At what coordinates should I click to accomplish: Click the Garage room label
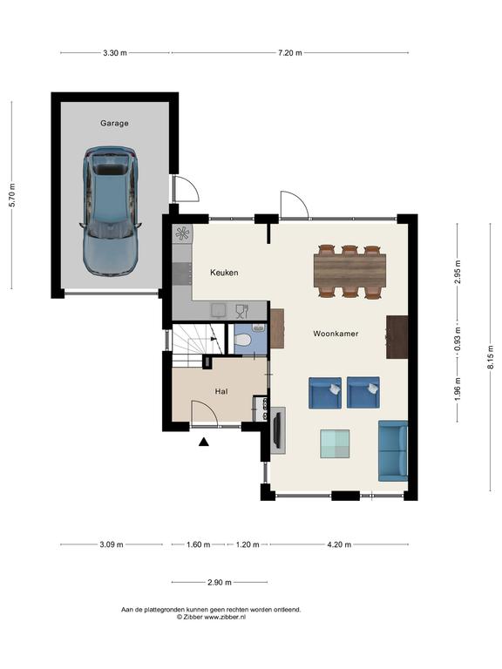114,124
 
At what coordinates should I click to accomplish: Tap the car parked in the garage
110,211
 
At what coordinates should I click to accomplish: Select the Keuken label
224,272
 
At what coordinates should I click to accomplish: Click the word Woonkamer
336,334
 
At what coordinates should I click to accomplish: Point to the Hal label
221,391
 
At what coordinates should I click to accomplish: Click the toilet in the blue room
243,341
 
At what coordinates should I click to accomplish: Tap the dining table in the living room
349,271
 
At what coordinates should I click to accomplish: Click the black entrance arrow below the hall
204,442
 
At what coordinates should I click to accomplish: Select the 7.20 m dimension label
290,53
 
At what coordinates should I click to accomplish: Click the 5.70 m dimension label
12,195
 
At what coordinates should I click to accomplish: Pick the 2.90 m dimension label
220,582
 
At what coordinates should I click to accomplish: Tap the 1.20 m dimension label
248,544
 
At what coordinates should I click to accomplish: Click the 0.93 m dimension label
458,340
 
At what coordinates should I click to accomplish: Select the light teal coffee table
335,444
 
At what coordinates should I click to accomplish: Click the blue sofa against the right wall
393,450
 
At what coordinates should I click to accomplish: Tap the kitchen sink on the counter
219,311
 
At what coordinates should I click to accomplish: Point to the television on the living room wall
276,429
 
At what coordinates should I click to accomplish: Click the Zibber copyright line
211,617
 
